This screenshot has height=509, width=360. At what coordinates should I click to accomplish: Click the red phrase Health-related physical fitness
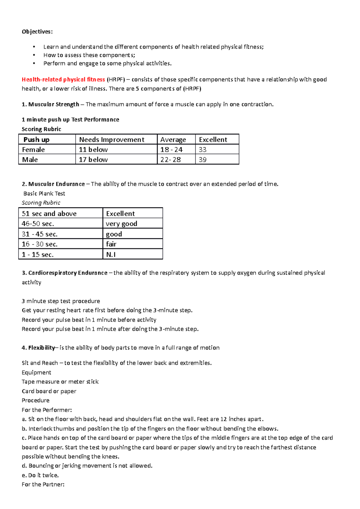point(63,79)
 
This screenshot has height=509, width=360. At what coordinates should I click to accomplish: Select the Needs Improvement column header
point(112,140)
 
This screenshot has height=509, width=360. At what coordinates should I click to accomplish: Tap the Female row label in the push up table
point(33,150)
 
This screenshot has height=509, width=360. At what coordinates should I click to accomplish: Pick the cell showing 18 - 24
point(171,150)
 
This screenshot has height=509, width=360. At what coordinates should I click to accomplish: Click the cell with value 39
point(203,160)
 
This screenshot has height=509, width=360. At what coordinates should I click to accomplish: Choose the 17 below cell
point(93,160)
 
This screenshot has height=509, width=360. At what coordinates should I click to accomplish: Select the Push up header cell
point(36,140)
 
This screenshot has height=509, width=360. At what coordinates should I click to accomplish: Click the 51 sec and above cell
point(49,214)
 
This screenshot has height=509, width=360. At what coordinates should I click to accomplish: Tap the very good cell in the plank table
point(121,224)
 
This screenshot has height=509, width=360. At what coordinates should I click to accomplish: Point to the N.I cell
point(111,255)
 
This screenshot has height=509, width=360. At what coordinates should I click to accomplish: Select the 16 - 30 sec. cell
point(40,244)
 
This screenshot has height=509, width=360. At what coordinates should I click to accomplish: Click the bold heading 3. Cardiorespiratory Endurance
point(64,273)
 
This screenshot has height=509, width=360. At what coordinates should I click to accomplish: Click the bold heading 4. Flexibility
point(38,348)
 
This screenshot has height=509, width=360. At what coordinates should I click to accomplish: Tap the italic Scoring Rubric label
point(41,203)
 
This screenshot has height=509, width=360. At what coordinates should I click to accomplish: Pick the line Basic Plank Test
point(44,194)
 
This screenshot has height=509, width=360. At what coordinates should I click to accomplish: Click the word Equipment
point(37,373)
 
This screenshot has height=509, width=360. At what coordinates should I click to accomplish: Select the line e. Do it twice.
point(40,475)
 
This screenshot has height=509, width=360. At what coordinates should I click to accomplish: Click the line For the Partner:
point(43,485)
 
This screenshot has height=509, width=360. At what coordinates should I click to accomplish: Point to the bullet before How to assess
point(34,55)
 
